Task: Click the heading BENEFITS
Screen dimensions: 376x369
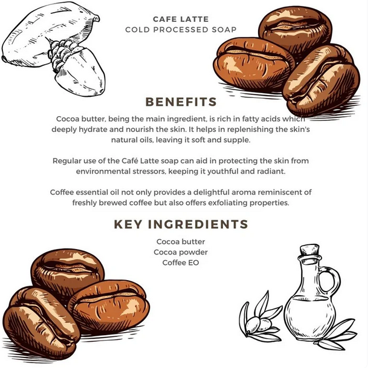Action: (181, 102)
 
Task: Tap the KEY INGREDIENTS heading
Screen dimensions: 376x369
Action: (181, 224)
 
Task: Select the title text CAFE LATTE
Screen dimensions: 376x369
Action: (181, 19)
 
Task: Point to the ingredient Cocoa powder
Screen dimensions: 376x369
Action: (181, 252)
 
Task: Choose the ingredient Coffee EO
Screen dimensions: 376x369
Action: (181, 263)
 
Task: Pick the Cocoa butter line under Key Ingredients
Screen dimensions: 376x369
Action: (181, 241)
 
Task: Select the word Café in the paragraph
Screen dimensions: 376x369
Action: (130, 160)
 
